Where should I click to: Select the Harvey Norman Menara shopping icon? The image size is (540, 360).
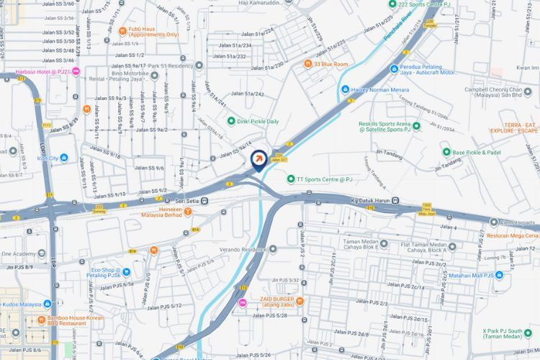coord(345,90)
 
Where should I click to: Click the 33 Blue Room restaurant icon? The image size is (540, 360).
coord(307,64)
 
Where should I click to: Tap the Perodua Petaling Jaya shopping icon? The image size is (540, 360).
coord(393,69)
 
